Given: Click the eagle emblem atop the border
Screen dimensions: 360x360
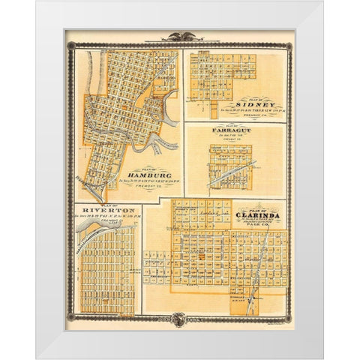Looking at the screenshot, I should [x=179, y=35].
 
